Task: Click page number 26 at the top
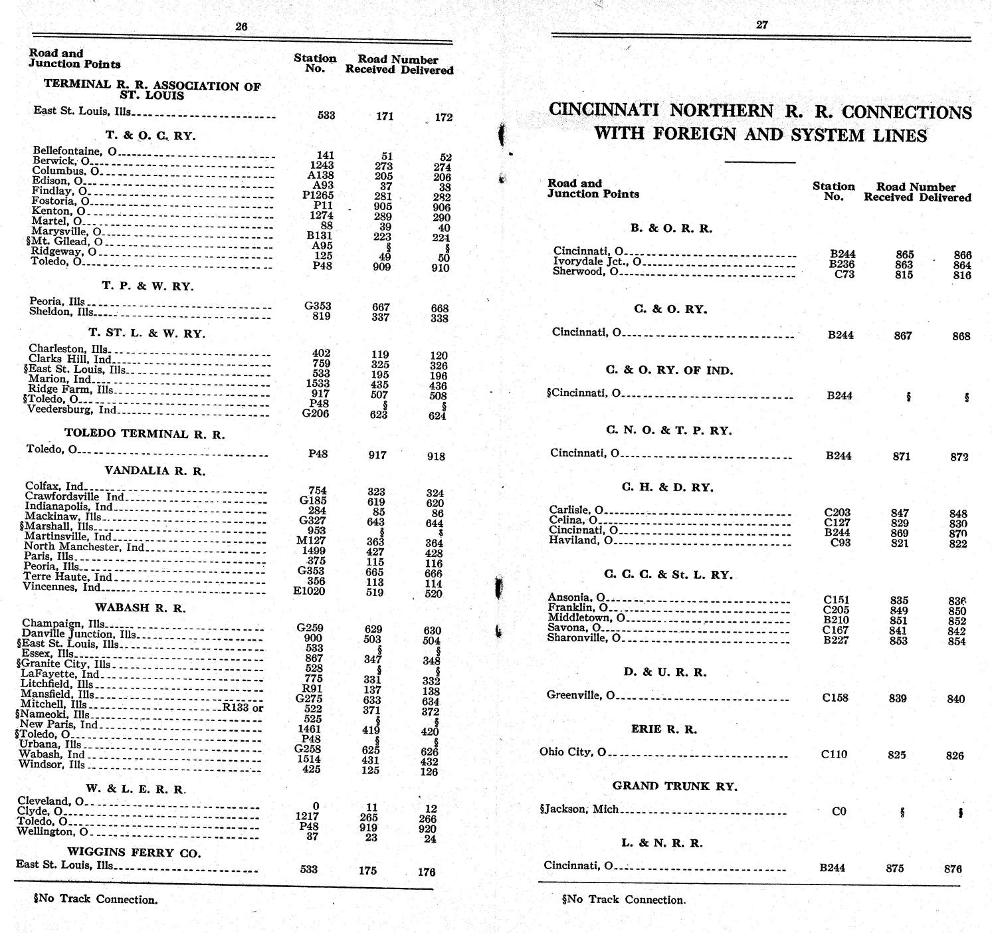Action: pyautogui.click(x=241, y=27)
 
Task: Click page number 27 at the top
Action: pyautogui.click(x=762, y=25)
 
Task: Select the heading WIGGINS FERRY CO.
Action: pyautogui.click(x=134, y=853)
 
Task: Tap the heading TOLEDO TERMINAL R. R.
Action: pyautogui.click(x=144, y=434)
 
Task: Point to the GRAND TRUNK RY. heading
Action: pyautogui.click(x=674, y=786)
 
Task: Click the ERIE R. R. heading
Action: pyautogui.click(x=664, y=729)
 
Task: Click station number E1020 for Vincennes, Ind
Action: pyautogui.click(x=309, y=591)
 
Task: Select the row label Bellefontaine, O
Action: pyautogui.click(x=75, y=152)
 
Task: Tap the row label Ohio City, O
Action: pyautogui.click(x=573, y=752)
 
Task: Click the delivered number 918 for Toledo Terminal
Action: pyautogui.click(x=436, y=457)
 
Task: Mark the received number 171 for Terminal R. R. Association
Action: pyautogui.click(x=385, y=116)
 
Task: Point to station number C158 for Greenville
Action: pyautogui.click(x=835, y=698)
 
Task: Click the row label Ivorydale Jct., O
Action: pyautogui.click(x=597, y=261)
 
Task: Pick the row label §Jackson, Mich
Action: pyautogui.click(x=579, y=809)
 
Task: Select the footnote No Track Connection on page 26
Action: pyautogui.click(x=96, y=899)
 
